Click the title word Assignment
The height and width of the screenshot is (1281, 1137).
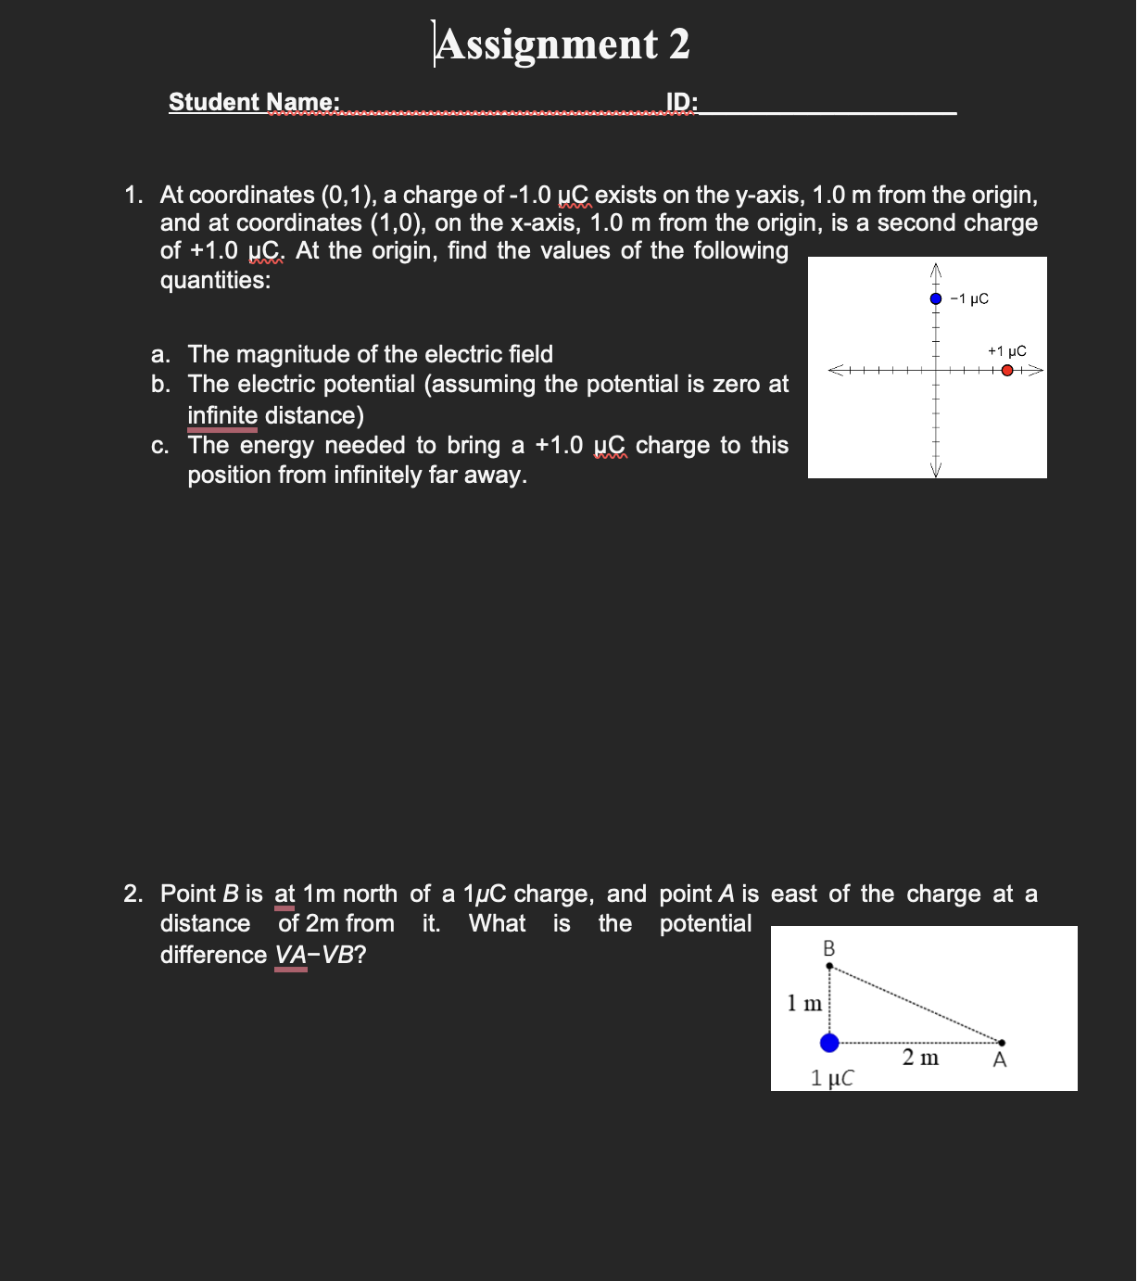(x=547, y=44)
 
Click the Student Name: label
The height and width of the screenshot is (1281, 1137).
(x=254, y=102)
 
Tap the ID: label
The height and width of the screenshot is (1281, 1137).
(x=682, y=102)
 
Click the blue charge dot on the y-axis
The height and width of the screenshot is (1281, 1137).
(x=936, y=298)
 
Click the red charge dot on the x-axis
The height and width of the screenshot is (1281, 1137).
(x=1007, y=371)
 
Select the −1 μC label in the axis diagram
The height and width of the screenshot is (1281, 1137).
(x=970, y=298)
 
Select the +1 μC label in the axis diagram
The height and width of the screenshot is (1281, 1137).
(x=1007, y=351)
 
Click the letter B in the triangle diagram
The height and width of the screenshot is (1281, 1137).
(x=828, y=948)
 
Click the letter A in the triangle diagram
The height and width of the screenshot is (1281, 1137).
(x=1000, y=1060)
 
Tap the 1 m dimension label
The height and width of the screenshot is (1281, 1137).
(x=804, y=1003)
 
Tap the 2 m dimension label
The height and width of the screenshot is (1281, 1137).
(x=920, y=1058)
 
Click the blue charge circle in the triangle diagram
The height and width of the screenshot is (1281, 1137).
(x=829, y=1043)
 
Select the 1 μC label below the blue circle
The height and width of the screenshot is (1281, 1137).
(x=832, y=1078)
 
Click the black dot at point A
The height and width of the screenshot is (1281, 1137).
(x=1002, y=1043)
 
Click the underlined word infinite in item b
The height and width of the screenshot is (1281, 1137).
(x=222, y=415)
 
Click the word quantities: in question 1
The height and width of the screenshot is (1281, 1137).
(x=215, y=280)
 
